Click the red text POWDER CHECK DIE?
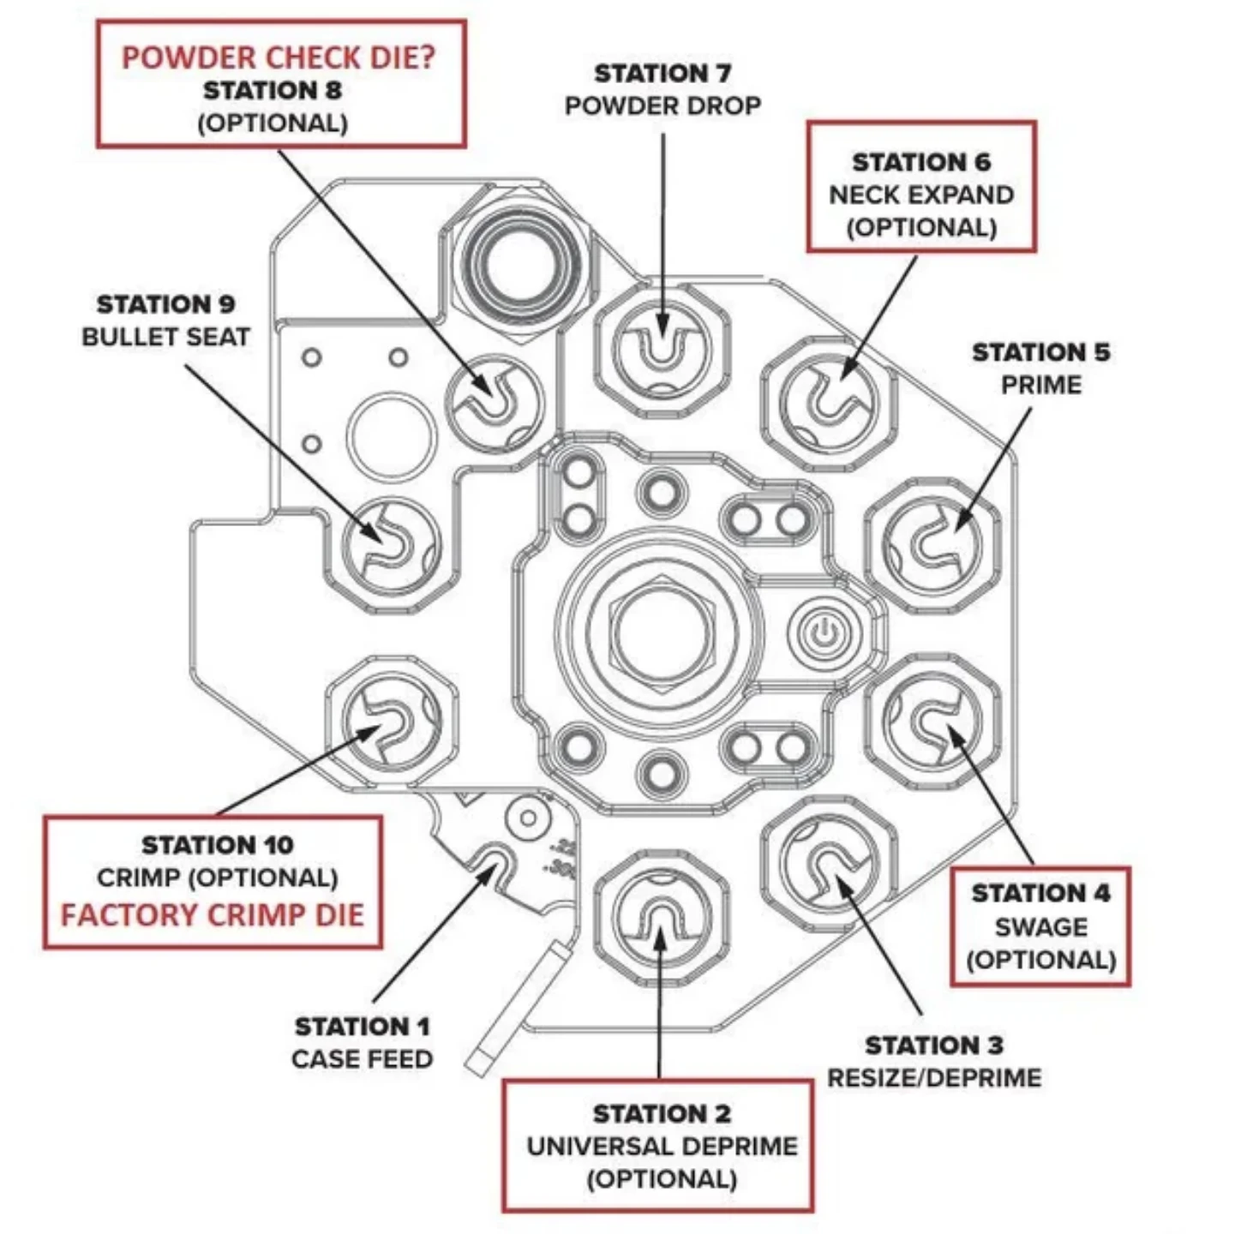tap(279, 57)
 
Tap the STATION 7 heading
tap(662, 74)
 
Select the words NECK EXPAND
tap(920, 195)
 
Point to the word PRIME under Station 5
tap(1040, 385)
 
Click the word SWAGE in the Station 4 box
tap(1040, 927)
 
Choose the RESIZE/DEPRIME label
tap(933, 1077)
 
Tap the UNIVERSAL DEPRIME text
tap(662, 1146)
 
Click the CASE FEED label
tap(362, 1059)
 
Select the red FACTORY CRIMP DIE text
tap(213, 914)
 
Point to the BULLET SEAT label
tap(165, 337)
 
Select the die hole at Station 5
tap(932, 546)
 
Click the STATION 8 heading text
tap(273, 90)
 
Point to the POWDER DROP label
tap(662, 105)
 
